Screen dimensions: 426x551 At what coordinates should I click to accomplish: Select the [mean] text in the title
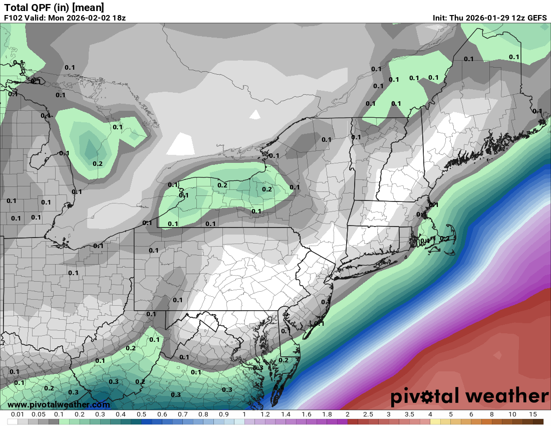coord(88,8)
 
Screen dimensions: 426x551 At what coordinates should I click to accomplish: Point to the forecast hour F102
coord(14,18)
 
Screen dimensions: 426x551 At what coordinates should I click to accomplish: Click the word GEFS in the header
coord(536,18)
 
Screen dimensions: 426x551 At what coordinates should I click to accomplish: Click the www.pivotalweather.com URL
coord(59,404)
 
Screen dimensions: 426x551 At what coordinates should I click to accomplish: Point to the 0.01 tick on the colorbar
coord(18,414)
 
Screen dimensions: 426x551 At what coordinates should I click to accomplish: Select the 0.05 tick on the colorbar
coord(39,414)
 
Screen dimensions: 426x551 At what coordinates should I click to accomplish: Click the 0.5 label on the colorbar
coord(141,414)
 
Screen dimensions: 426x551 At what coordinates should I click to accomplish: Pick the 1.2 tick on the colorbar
coord(265,414)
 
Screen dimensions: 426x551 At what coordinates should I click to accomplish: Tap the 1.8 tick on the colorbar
coord(327,414)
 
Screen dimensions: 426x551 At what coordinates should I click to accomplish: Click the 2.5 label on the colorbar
coord(368,414)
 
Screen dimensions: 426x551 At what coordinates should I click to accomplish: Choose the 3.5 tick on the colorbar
coord(409,414)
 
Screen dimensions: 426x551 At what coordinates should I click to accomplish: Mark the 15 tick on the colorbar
coord(532,414)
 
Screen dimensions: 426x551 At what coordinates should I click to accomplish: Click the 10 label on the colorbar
coord(512,414)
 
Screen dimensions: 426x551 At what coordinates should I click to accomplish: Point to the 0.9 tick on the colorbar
coord(224,414)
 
